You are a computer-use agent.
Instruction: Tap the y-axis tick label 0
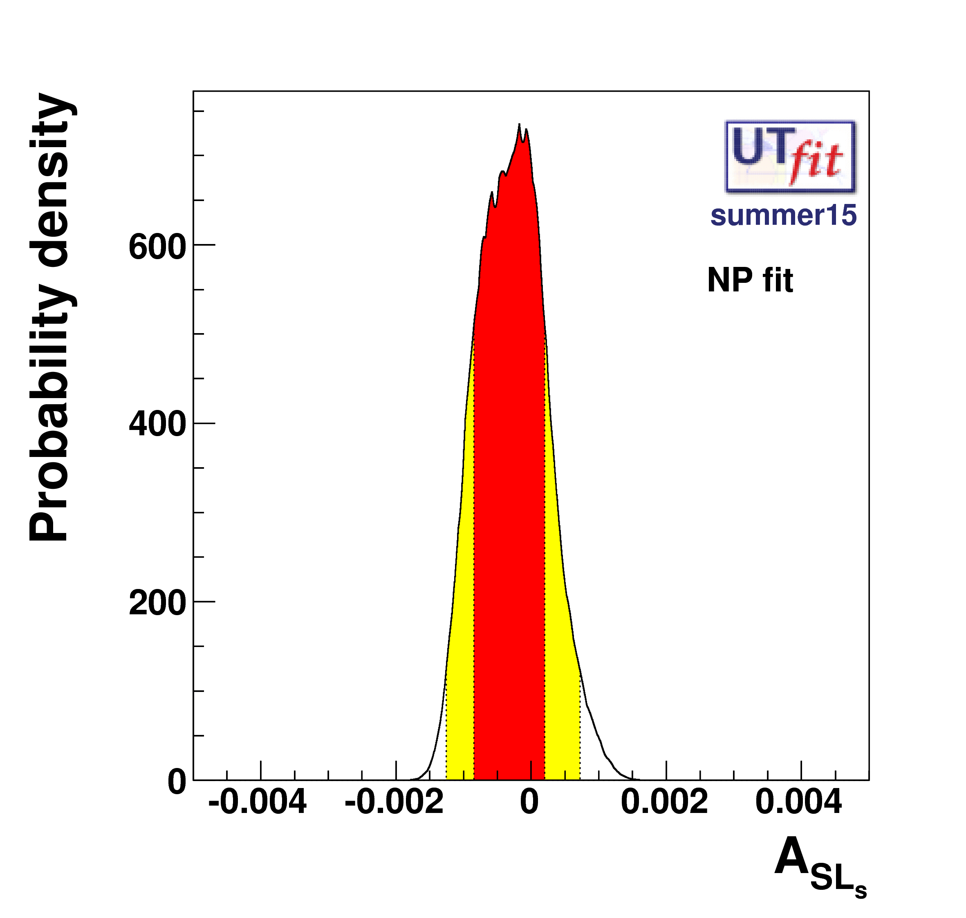pyautogui.click(x=177, y=782)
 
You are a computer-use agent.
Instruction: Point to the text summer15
pyautogui.click(x=783, y=215)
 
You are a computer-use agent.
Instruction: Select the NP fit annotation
pyautogui.click(x=750, y=280)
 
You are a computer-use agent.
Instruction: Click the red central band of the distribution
pyautogui.click(x=509, y=489)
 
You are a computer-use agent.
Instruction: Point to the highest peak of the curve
pyautogui.click(x=519, y=125)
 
